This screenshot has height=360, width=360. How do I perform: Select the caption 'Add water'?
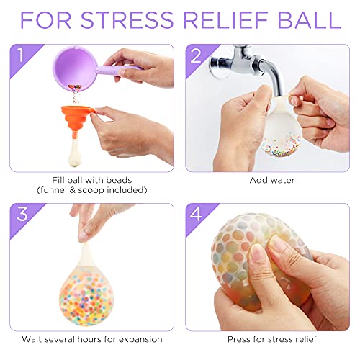(267, 179)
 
